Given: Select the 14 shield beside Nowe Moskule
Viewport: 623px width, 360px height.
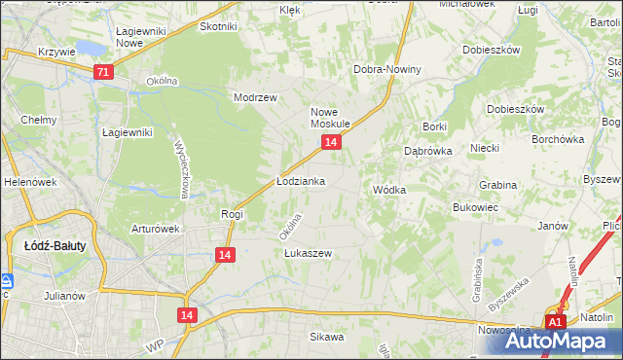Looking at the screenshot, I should coord(332,143).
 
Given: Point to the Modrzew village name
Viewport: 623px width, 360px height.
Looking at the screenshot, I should coord(256,97).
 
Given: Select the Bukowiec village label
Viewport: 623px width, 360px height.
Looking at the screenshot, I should coord(476,207).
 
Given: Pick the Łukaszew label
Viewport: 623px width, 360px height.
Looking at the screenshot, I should coord(308,253).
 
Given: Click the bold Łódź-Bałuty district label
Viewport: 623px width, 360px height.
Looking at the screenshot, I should coord(55,246).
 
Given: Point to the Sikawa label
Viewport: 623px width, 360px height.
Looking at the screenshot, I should coord(327,337).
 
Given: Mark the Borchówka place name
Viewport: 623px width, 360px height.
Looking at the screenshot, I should coord(557,139).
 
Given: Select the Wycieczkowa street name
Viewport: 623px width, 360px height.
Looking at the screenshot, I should coord(181,166).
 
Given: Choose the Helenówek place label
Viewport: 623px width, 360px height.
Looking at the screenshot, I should coord(26,182).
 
